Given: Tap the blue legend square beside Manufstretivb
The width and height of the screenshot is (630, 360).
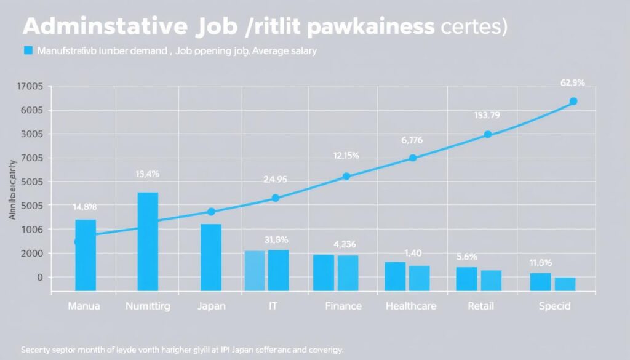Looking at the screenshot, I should tap(27, 51).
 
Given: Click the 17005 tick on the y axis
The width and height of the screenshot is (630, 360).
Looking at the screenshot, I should tap(30, 87).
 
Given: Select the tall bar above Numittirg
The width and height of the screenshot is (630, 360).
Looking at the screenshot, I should tap(148, 241).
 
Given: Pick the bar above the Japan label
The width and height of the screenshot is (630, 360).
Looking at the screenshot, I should tap(211, 257).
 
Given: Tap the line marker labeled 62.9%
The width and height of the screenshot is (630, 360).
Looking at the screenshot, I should tap(573, 101).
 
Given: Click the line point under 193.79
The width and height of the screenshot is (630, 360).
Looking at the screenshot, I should tap(487, 134).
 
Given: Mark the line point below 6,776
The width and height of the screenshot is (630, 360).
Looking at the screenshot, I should tap(412, 158).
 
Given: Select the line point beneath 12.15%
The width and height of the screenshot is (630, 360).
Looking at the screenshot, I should tap(346, 176).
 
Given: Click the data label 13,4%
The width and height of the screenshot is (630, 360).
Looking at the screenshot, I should tap(147, 174).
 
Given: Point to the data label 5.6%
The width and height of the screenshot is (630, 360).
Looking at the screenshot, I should tap(467, 258).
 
